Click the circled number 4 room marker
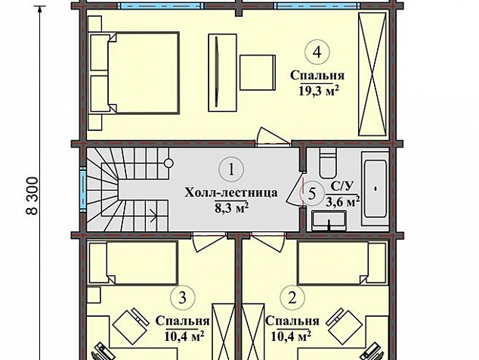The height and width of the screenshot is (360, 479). coord(317,53)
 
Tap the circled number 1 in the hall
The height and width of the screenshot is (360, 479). coord(231,169)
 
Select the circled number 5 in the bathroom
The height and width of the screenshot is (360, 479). coord(311,194)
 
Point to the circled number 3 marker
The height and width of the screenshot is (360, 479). coord(183,297)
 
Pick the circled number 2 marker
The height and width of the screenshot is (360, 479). coord(292,297)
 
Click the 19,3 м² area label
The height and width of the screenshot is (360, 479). coord(320,91)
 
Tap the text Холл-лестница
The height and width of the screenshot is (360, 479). coord(231,193)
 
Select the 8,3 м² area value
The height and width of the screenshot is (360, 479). coord(231,208)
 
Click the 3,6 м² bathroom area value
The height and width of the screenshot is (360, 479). coord(342,202)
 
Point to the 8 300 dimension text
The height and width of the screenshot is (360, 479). coord(33,195)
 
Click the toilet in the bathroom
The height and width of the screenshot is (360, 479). coord(328,163)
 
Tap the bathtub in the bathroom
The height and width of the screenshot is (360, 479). coord(375,188)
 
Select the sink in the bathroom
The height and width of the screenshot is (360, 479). coord(329,221)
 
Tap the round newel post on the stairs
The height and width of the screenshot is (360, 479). coord(168,163)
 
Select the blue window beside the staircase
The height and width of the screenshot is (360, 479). coord(83,189)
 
